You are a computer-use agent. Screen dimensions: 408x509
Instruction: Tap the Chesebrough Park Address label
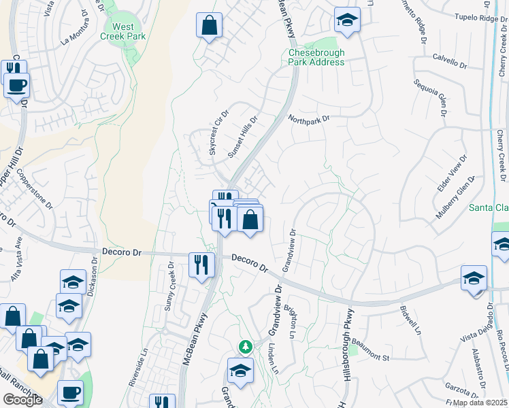(x=316, y=57)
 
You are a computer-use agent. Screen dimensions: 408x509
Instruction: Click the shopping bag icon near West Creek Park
(x=210, y=27)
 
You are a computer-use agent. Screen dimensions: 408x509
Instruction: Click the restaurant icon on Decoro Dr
(x=201, y=264)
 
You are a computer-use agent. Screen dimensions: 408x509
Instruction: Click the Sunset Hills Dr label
(x=242, y=137)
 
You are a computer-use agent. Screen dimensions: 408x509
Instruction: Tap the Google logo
(x=22, y=400)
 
